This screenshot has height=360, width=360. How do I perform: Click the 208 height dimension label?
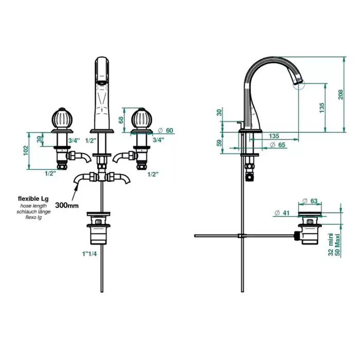(340, 94)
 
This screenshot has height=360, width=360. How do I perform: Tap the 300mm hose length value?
(67, 205)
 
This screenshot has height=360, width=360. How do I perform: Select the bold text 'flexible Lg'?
(33, 199)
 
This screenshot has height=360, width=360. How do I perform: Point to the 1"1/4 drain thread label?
(89, 254)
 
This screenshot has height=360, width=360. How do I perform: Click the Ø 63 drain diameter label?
(310, 201)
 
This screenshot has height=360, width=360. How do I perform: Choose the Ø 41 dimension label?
(282, 213)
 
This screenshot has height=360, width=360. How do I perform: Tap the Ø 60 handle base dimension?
(166, 131)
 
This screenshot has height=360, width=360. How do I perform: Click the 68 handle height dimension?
(121, 120)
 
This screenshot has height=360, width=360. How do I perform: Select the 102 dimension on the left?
(26, 151)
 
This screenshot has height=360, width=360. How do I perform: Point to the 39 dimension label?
(40, 139)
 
